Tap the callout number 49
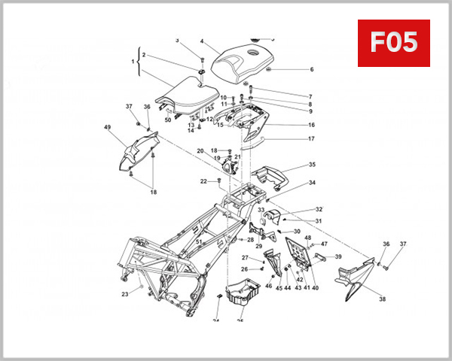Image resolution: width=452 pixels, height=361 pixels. [x=108, y=127]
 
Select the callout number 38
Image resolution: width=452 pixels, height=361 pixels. [x=382, y=299]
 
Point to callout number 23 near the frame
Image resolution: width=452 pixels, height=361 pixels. [x=125, y=295]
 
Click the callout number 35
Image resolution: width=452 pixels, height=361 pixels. [x=312, y=164]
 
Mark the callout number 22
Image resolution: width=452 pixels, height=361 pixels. [x=203, y=181]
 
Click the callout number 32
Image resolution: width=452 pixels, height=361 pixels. [x=319, y=209]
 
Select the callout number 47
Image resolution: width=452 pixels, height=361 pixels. [x=325, y=244]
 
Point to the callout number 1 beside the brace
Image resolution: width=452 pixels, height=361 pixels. [x=133, y=60]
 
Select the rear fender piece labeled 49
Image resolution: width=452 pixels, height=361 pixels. [x=136, y=150]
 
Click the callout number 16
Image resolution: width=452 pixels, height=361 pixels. [x=311, y=125]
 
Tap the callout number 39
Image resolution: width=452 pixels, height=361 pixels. [x=338, y=257]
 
